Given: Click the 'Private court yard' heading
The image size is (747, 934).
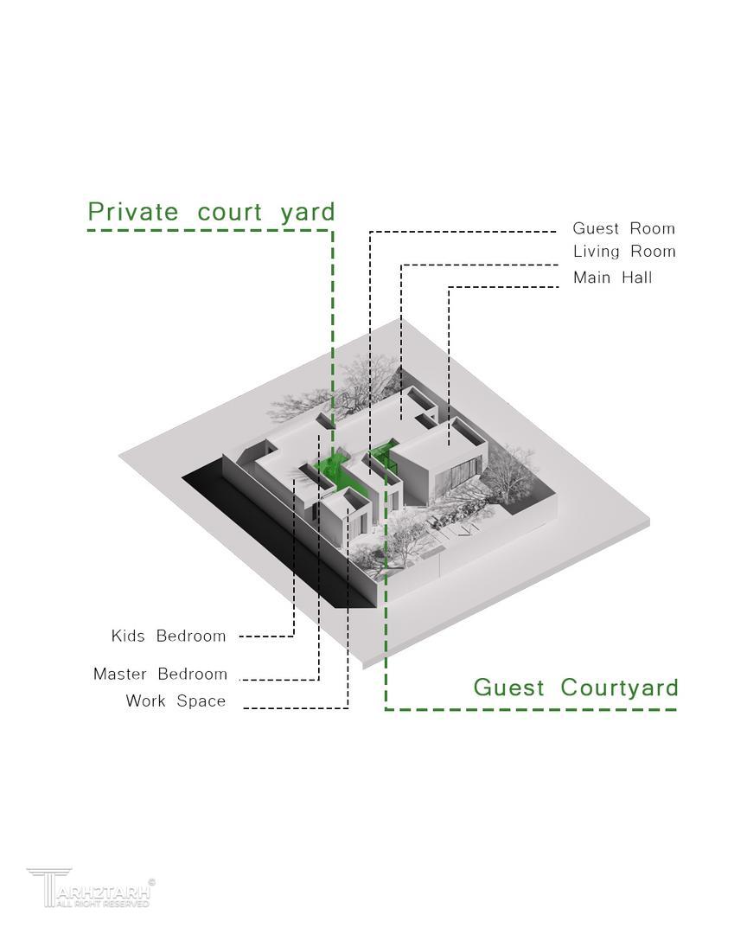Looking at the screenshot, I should (211, 212).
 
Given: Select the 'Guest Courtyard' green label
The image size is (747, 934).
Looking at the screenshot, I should (575, 688).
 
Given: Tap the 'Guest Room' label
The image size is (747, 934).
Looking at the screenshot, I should (623, 228).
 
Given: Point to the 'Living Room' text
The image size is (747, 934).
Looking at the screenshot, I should (623, 252).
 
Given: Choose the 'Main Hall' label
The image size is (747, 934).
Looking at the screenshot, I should (612, 278).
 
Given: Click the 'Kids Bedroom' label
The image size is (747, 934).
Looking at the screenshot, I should (169, 637).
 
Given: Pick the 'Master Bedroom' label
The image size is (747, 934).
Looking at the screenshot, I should (160, 674).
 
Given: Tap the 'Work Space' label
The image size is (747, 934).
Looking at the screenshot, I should (176, 701).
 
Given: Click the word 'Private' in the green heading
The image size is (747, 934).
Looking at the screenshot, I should (133, 212).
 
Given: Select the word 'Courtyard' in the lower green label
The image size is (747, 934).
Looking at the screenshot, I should (619, 688).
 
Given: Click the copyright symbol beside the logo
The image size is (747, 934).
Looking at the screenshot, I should (152, 882).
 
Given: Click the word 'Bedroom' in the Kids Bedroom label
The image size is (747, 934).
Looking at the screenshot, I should (191, 637).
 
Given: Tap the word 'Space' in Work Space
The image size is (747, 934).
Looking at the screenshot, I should (201, 701).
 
